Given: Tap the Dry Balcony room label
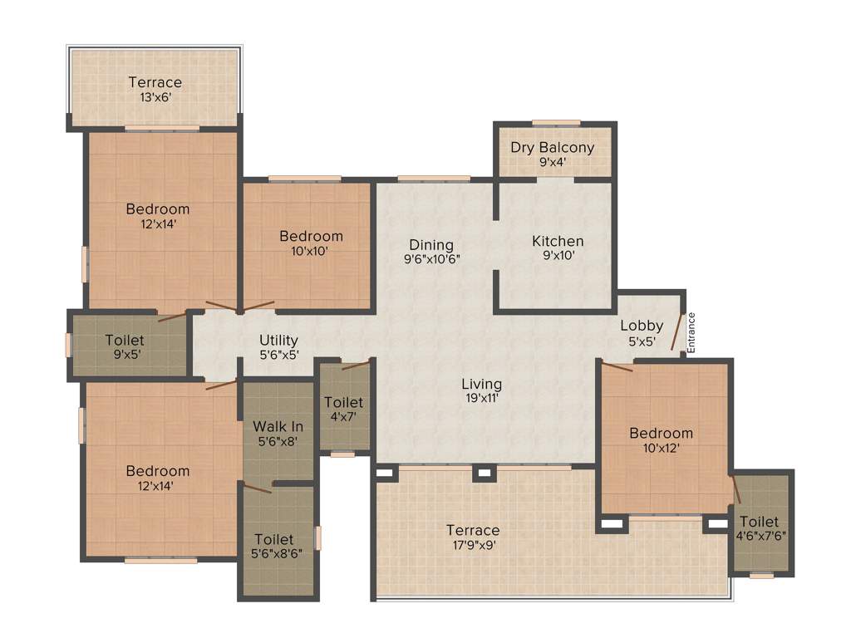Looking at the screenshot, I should tap(553, 148).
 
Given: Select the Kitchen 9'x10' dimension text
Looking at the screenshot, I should tap(558, 256).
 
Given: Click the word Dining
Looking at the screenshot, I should tap(431, 245).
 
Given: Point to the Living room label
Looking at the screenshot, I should tap(482, 384).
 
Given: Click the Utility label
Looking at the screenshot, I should tap(278, 341).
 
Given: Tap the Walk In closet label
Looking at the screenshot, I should tap(278, 426).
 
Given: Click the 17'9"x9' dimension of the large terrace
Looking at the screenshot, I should tap(473, 545).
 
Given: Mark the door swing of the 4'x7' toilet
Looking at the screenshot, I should tap(356, 365).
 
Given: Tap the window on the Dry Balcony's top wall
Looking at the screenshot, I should tap(556, 123).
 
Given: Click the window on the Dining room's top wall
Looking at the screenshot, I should tap(434, 178).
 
